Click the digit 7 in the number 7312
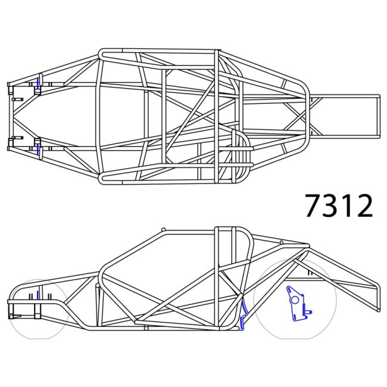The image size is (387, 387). (x=314, y=205)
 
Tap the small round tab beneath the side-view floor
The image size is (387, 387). (x=146, y=326)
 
